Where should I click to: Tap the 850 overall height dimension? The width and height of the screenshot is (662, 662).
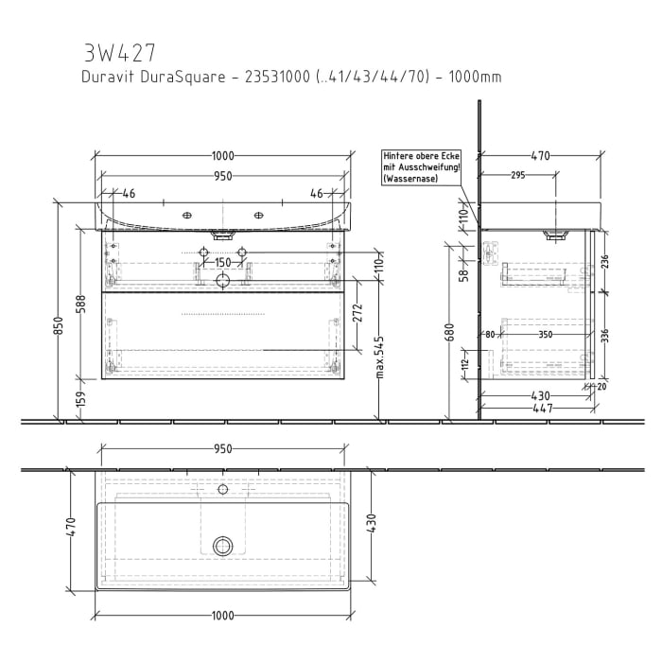[x=59, y=326]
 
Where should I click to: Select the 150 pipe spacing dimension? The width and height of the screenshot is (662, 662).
[x=222, y=263]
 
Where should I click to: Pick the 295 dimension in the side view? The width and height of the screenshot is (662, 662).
[x=517, y=174]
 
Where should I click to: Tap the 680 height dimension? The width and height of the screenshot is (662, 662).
[x=450, y=332]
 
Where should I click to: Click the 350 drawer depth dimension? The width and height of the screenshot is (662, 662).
[x=546, y=334]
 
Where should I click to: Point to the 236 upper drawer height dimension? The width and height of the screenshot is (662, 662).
[x=604, y=262]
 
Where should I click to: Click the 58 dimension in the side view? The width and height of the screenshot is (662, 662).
[x=463, y=274]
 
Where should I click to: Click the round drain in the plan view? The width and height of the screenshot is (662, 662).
[x=223, y=546]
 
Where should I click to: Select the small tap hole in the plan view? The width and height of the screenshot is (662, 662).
[x=223, y=490]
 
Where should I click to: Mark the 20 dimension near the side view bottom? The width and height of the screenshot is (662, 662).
[x=602, y=386]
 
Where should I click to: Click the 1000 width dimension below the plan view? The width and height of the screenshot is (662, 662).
[x=223, y=617]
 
